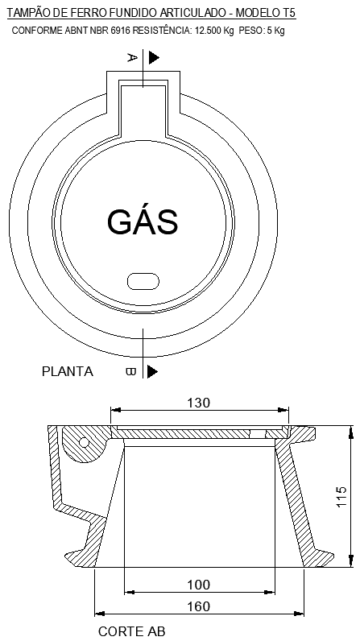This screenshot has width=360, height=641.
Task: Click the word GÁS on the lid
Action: click(142, 221)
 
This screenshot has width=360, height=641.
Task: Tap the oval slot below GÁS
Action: click(143, 279)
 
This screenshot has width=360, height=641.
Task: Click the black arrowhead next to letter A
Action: click(153, 57)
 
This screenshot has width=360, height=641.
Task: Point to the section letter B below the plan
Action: click(130, 371)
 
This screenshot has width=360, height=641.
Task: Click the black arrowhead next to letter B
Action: click(152, 371)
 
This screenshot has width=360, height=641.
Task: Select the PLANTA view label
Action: click(67, 372)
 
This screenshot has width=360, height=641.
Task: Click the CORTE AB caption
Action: click(131, 632)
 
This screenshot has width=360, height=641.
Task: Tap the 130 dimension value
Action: click(199, 403)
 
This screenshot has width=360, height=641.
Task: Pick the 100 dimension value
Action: click(198, 584)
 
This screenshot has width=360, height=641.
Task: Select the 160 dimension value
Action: click(198, 606)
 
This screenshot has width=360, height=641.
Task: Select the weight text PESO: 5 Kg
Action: click(262, 31)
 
